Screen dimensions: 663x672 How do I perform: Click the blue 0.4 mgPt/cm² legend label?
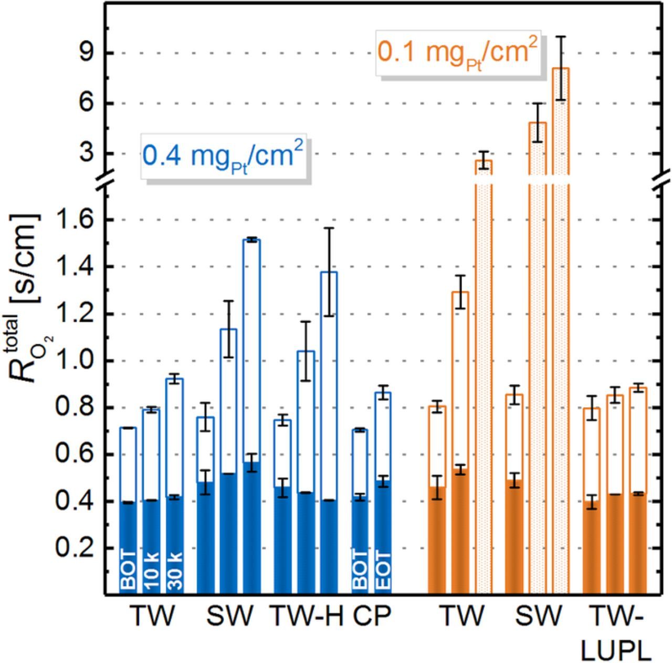(x=223, y=156)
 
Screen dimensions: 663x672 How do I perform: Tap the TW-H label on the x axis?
(x=306, y=616)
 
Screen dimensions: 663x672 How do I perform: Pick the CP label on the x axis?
(x=372, y=616)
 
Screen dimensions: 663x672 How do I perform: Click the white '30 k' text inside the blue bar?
(x=174, y=571)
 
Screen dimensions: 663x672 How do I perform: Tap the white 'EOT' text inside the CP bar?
(x=383, y=571)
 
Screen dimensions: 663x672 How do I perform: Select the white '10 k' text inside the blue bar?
(x=151, y=571)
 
